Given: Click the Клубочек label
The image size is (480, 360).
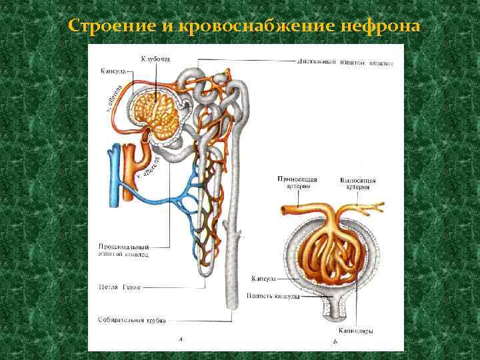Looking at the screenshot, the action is [x=155, y=59].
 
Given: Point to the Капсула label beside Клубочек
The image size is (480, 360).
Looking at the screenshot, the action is [x=113, y=70].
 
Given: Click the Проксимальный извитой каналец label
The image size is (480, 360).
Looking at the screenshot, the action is [x=123, y=250].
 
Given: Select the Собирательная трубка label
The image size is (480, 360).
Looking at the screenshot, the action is [x=129, y=319].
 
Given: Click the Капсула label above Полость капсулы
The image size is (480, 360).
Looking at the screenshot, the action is [x=264, y=279].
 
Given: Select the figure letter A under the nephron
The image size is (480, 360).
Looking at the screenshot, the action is [x=180, y=339].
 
